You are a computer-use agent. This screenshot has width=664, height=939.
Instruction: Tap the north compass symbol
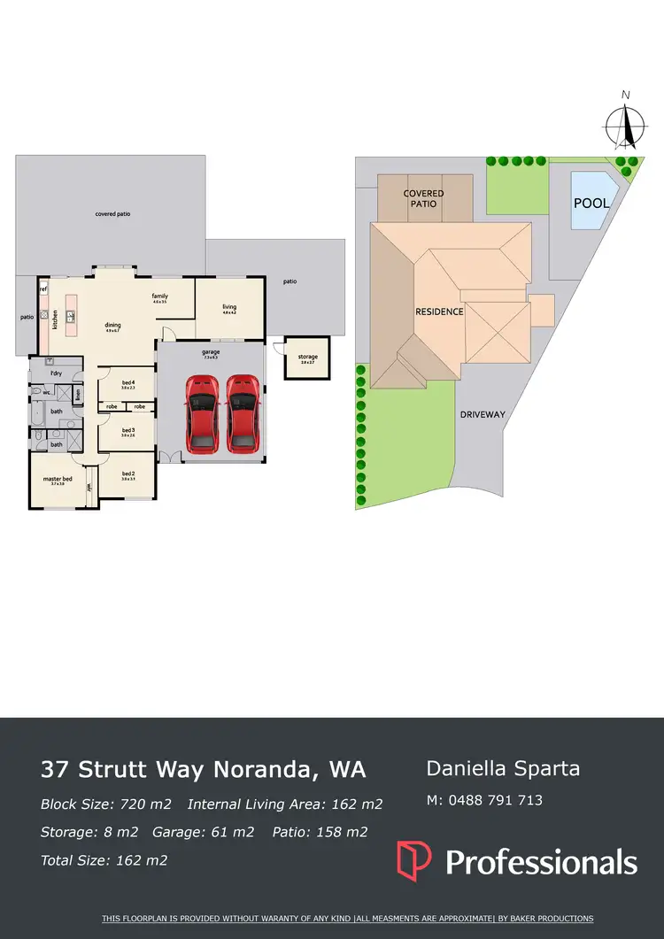[x=626, y=125]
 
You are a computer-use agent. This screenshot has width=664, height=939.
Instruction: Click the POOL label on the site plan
[x=591, y=203]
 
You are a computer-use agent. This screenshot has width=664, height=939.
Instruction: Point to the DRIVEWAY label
[x=483, y=414]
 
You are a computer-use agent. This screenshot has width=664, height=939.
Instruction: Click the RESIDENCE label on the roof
[x=439, y=312]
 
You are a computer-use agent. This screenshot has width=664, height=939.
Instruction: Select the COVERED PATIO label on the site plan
[x=424, y=198]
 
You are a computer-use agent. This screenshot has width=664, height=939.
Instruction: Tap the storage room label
[x=307, y=358]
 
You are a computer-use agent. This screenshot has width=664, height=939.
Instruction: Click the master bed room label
[x=58, y=481]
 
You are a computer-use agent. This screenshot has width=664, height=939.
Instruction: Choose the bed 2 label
[x=128, y=474]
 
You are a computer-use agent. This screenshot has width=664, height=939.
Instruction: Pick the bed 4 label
[x=128, y=383]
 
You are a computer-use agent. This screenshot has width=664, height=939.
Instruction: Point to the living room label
[x=229, y=307]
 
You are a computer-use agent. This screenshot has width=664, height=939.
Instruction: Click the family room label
[x=160, y=296]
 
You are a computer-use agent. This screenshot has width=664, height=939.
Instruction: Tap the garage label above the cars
[x=211, y=351]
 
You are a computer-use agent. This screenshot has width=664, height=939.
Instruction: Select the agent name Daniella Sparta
[x=503, y=768]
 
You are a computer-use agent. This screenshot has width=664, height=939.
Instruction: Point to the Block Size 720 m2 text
[x=105, y=804]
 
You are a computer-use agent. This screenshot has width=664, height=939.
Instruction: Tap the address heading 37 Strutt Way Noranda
[x=203, y=769]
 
